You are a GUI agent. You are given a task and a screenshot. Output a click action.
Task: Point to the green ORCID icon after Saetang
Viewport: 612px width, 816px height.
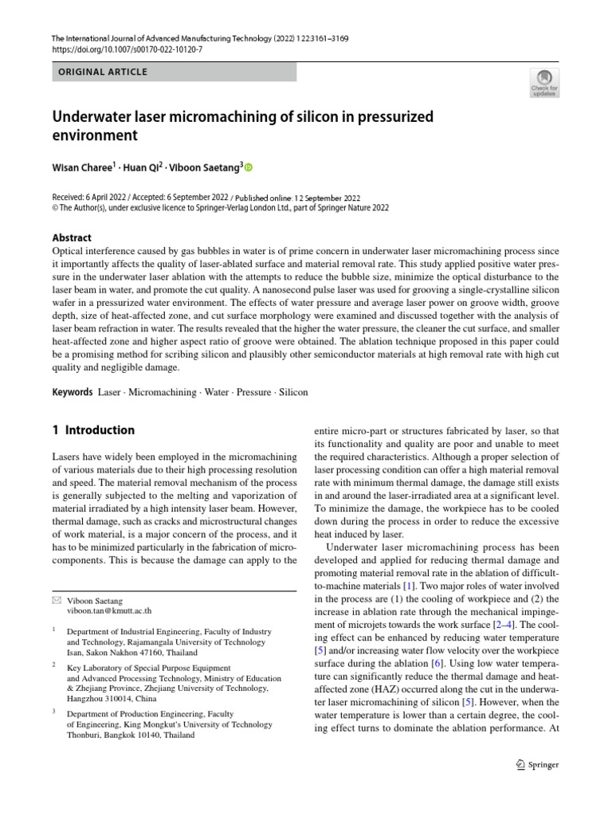(248, 167)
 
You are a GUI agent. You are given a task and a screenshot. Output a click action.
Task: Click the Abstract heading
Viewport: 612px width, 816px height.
(72, 237)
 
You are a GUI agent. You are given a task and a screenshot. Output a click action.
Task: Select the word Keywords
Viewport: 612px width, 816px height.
(73, 392)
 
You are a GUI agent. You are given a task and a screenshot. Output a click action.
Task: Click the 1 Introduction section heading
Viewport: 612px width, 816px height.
(93, 430)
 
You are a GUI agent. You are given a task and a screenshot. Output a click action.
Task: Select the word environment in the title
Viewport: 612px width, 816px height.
(95, 135)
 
